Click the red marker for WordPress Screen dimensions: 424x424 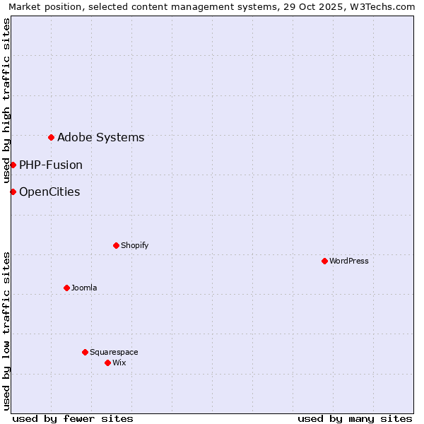click(x=324, y=261)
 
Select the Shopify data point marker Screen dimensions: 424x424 click(x=116, y=245)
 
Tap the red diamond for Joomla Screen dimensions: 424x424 click(x=66, y=288)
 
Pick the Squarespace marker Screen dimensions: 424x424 click(x=85, y=352)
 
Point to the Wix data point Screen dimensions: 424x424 click(x=107, y=363)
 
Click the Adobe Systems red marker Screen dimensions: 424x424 click(x=51, y=137)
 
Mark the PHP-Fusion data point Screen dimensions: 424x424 click(x=13, y=165)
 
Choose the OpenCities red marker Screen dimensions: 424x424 click(x=13, y=192)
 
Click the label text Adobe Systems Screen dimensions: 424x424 click(x=100, y=137)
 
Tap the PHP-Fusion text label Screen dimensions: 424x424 click(x=51, y=165)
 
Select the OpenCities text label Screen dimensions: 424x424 click(x=49, y=192)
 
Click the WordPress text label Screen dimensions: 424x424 click(x=349, y=261)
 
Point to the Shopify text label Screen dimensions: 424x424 click(x=134, y=245)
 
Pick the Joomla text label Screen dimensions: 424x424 click(x=84, y=288)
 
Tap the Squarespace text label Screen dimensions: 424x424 click(x=114, y=352)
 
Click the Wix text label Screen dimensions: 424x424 click(x=119, y=363)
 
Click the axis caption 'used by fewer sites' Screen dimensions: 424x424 click(x=73, y=418)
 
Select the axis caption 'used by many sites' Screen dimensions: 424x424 click(x=355, y=418)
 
